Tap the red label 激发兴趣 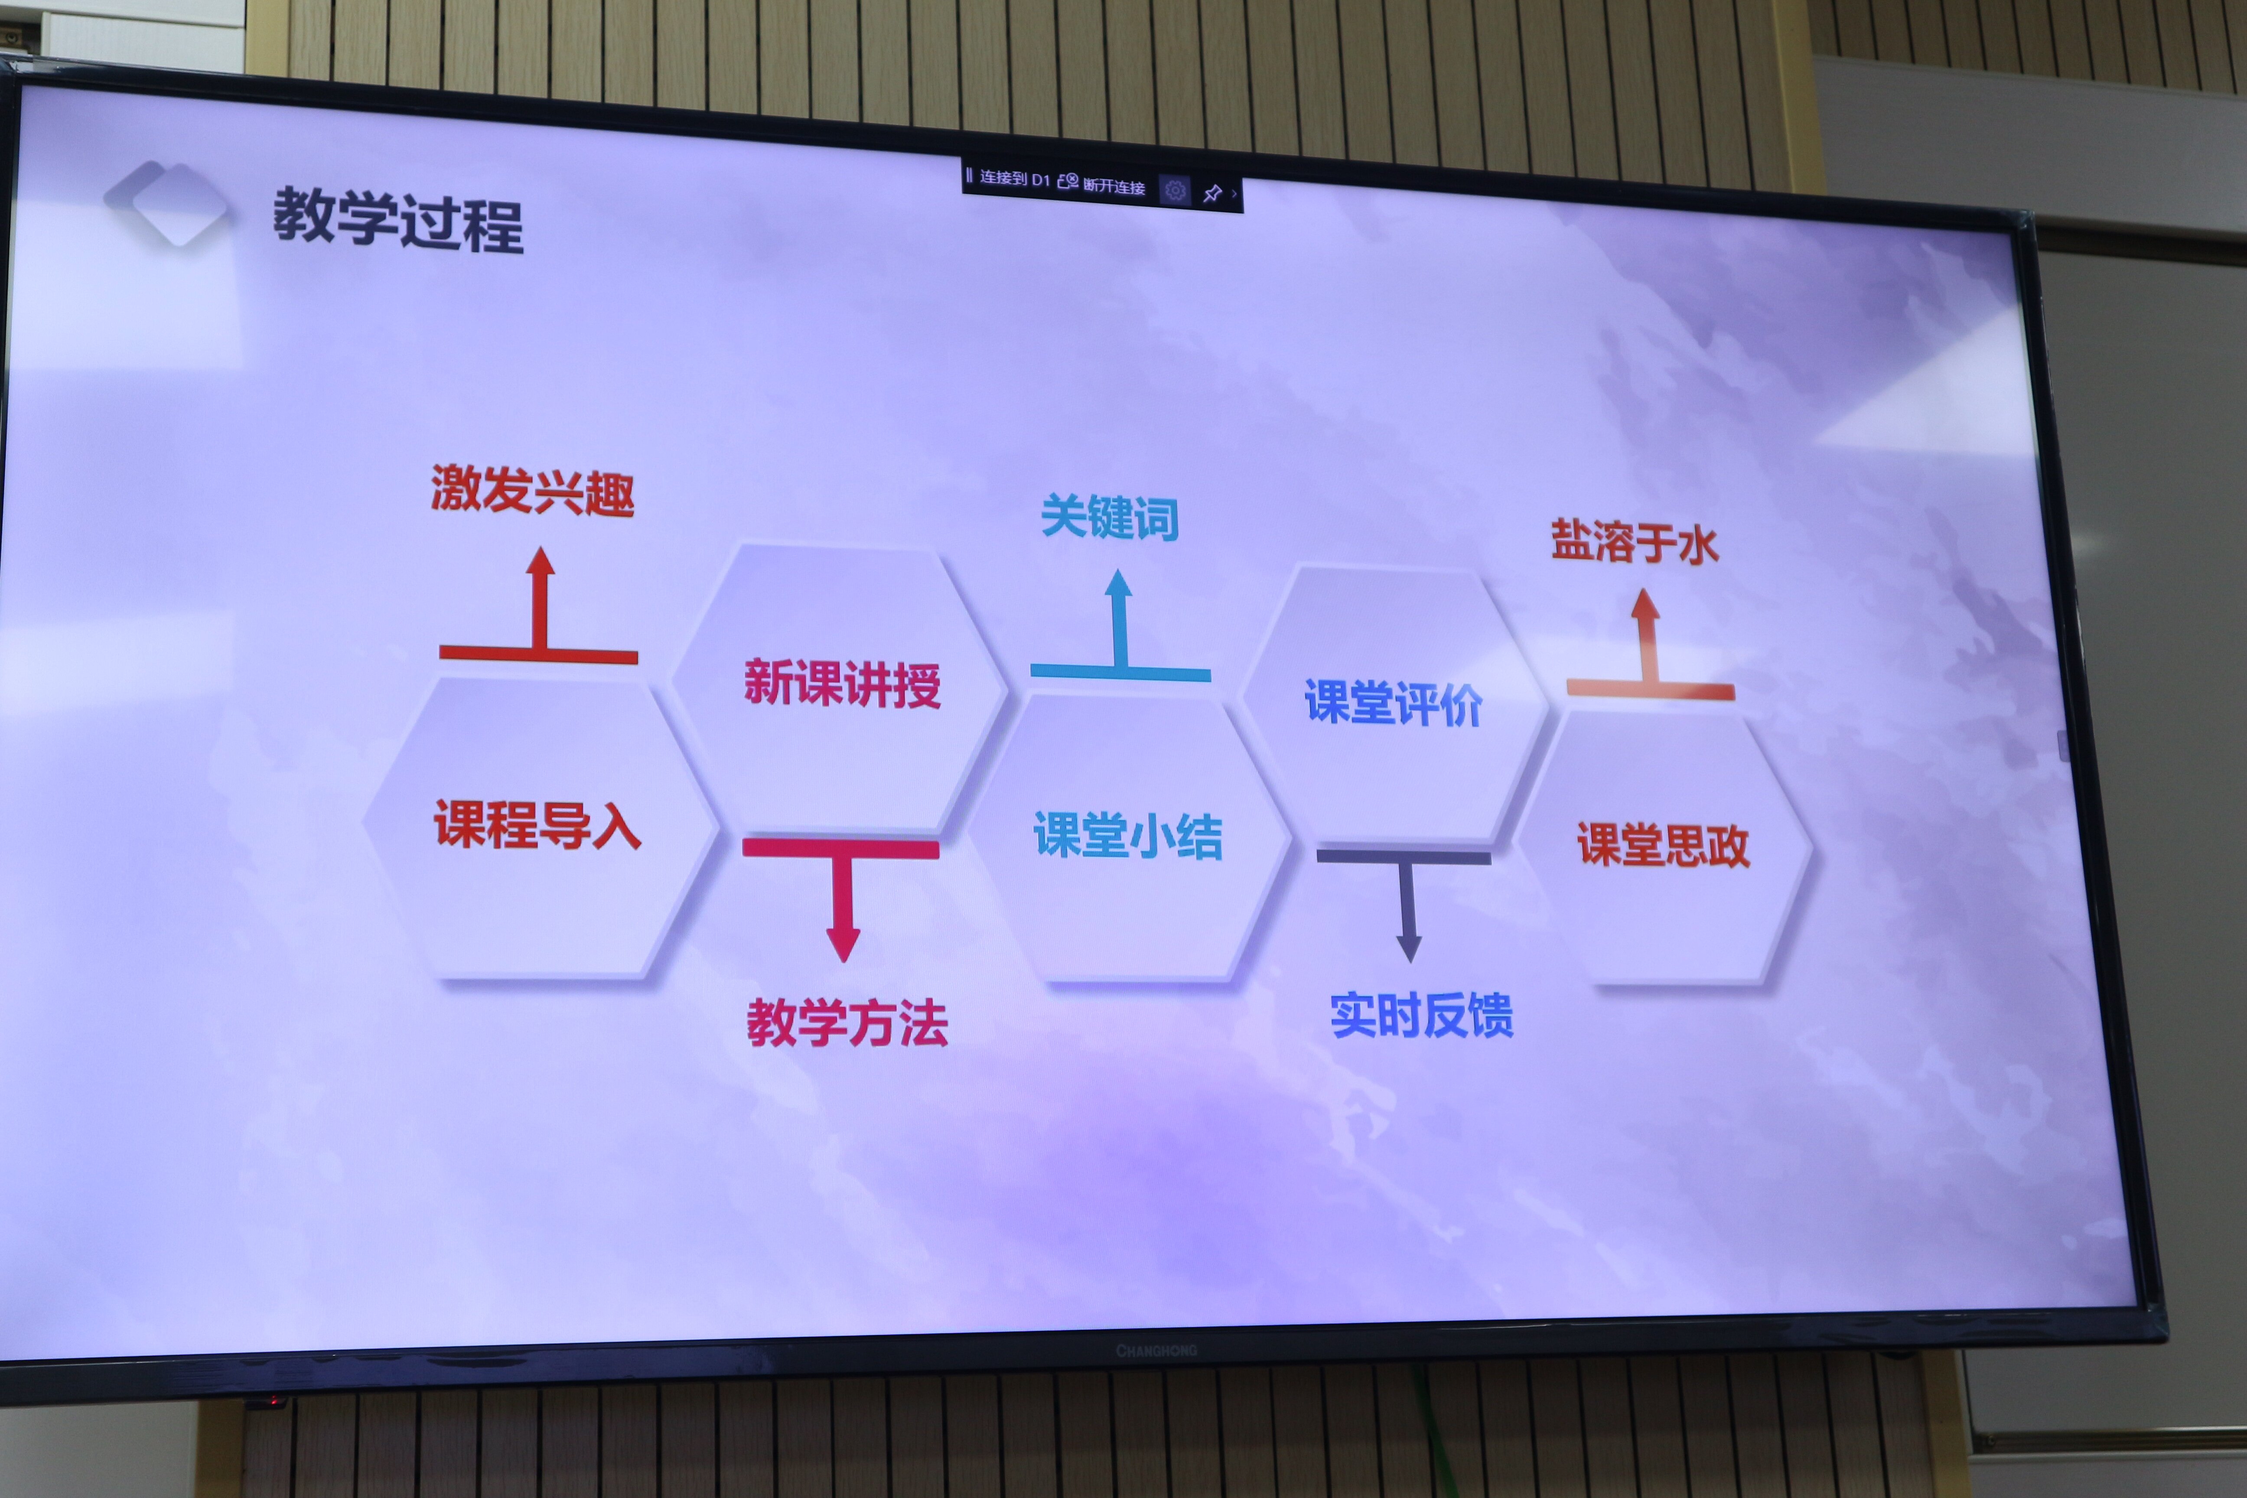pos(532,491)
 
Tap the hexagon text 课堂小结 pos(1127,835)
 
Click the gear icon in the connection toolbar pos(1175,190)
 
